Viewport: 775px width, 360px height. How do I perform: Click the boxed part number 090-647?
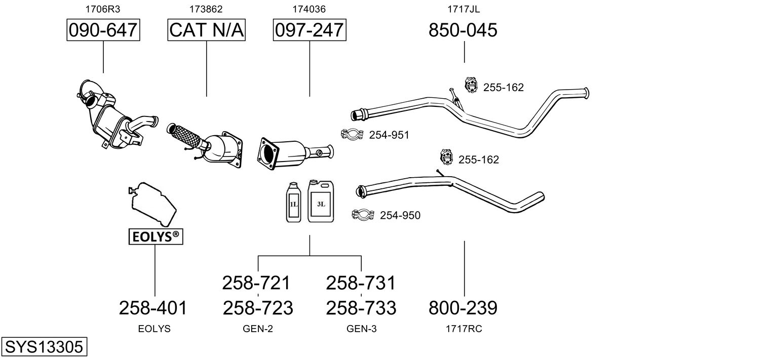click(103, 30)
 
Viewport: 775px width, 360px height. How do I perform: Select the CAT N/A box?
click(207, 30)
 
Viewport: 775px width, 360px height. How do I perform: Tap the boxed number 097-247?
click(309, 30)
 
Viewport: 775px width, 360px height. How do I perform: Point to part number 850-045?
click(463, 30)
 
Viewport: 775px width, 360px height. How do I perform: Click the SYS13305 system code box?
click(44, 347)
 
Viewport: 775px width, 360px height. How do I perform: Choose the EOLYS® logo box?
click(155, 236)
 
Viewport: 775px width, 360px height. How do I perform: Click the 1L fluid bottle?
click(294, 203)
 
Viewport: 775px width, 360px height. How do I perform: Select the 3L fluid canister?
click(321, 201)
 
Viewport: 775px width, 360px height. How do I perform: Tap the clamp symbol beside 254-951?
click(353, 135)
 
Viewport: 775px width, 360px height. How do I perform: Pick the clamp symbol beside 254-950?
click(363, 215)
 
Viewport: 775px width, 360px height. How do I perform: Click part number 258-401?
click(153, 307)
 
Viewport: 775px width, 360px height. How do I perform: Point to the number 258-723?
click(258, 307)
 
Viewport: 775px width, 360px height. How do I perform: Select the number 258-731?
click(361, 283)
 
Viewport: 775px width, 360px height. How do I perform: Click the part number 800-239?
click(463, 307)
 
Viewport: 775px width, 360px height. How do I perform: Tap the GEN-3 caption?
click(361, 329)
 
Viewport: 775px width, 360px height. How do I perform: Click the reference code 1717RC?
click(463, 329)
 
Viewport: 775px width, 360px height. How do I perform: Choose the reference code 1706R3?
click(103, 9)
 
